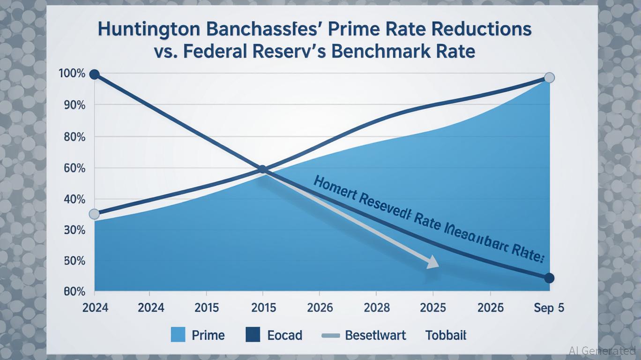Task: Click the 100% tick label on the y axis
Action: pos(72,74)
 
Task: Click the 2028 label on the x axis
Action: pos(376,308)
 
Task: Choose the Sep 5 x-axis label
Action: pos(549,308)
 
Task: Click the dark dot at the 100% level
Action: pos(94,75)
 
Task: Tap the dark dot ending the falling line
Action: pos(550,278)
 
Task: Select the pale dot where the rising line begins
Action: pos(94,214)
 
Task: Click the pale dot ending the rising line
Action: pos(550,78)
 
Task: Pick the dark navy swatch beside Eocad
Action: pos(253,335)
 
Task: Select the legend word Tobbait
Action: pos(446,335)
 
